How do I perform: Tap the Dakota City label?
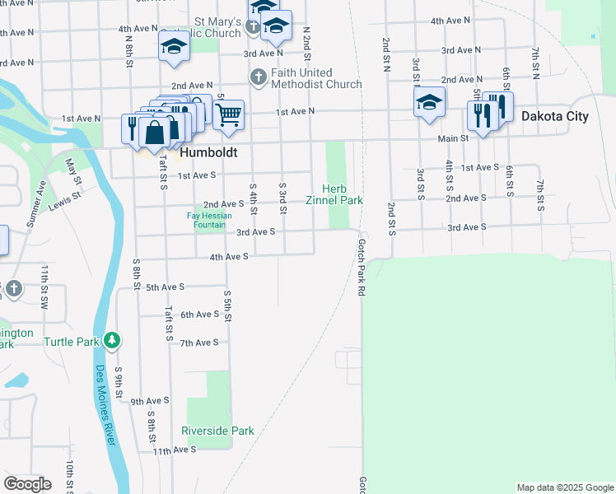point(554,116)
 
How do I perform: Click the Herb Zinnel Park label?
point(334,194)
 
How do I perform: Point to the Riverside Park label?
point(217,431)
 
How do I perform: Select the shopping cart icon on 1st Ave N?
point(228,114)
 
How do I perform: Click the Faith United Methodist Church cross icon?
point(258,77)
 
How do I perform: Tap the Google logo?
point(27,484)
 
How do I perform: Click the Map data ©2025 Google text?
point(564,487)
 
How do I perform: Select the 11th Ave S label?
point(172,451)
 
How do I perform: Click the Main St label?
point(453,139)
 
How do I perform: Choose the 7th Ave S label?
point(199,343)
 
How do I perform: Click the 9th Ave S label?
point(150,401)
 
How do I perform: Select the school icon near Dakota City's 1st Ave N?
point(428,103)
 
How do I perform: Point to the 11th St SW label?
point(47,284)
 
